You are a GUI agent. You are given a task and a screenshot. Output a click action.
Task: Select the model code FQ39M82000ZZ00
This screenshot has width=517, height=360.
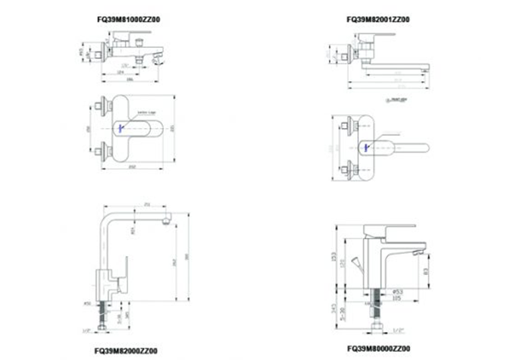click(x=126, y=351)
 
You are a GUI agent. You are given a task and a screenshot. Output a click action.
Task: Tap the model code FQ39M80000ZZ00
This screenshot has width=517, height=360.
click(x=378, y=351)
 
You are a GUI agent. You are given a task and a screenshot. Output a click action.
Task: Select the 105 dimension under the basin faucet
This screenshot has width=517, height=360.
click(x=396, y=298)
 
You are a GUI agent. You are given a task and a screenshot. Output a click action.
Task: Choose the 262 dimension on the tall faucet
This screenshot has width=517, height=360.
click(x=174, y=261)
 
